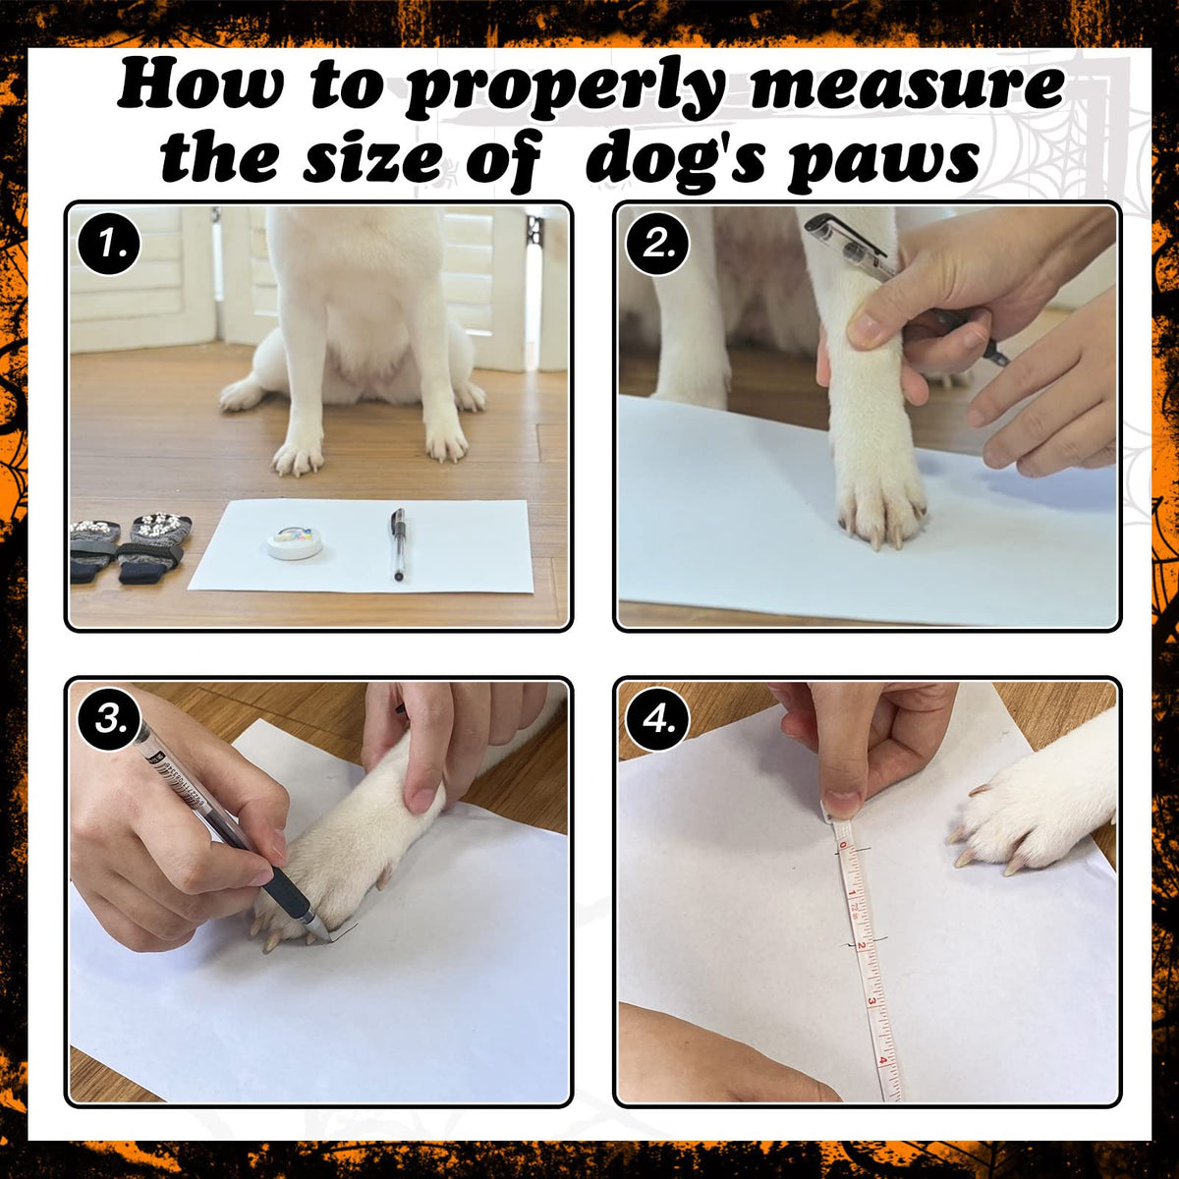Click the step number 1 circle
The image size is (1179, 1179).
pyautogui.click(x=109, y=244)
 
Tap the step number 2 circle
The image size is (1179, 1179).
pyautogui.click(x=657, y=244)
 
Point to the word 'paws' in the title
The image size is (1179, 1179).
pyautogui.click(x=883, y=160)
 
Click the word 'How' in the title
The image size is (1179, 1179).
pyautogui.click(x=200, y=82)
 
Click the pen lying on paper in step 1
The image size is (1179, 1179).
pyautogui.click(x=398, y=543)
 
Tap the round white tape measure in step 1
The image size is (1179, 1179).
pyautogui.click(x=295, y=540)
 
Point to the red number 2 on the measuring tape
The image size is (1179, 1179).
pyautogui.click(x=862, y=946)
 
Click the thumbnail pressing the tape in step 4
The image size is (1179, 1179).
pyautogui.click(x=843, y=799)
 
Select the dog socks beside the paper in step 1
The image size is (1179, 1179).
pyautogui.click(x=131, y=546)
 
